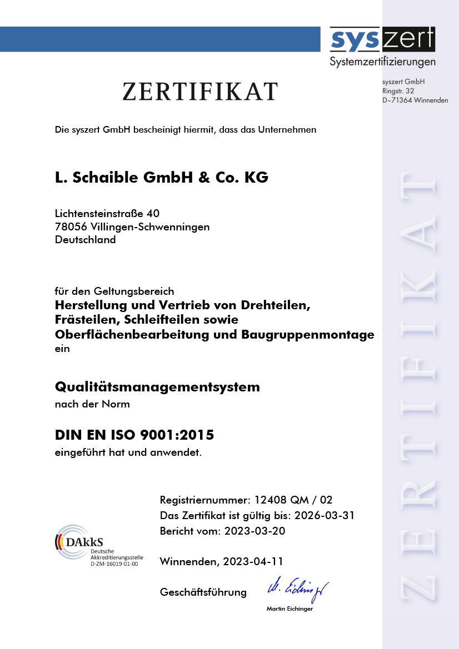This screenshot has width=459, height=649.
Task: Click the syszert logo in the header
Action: tap(382, 40)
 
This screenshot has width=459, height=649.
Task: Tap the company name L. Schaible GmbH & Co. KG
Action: tap(162, 178)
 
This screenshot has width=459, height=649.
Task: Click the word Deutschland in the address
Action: tap(86, 240)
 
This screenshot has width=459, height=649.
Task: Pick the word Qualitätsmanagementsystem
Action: tap(157, 386)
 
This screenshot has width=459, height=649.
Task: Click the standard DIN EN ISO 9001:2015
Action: tap(134, 435)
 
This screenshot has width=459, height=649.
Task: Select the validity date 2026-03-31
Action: tap(325, 515)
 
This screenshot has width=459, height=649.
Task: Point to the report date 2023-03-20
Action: tap(255, 531)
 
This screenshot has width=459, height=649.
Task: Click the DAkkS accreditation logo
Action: tap(72, 540)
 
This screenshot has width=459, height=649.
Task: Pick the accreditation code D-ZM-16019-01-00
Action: tap(114, 564)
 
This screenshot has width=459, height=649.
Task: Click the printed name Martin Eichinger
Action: tap(290, 609)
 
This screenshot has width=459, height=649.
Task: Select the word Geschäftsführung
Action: tap(203, 592)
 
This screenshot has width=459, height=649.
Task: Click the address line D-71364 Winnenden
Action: tap(415, 100)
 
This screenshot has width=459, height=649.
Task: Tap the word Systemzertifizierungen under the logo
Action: tap(382, 61)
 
